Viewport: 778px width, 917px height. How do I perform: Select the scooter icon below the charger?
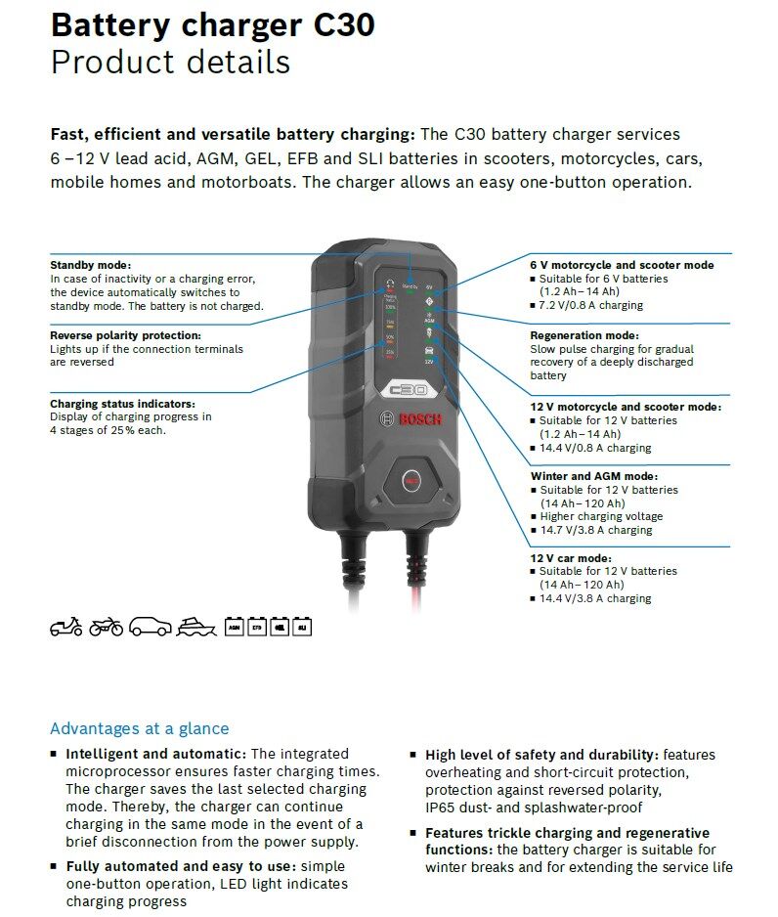coord(66,627)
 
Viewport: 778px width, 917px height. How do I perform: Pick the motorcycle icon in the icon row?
coord(106,627)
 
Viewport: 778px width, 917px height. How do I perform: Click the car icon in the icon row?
coord(150,627)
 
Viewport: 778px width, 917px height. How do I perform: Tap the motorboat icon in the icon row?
coord(196,627)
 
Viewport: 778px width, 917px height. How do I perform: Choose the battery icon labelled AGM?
coord(235,627)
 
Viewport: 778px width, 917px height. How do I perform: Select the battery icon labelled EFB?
coord(257,627)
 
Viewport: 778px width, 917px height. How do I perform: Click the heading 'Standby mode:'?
coord(90,265)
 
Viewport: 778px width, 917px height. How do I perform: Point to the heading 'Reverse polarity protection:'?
coord(125,335)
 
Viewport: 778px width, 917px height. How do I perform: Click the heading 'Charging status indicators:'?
coord(122,403)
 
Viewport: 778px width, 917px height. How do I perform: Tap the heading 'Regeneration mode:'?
coord(584,335)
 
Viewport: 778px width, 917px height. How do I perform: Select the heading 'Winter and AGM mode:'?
coord(594,477)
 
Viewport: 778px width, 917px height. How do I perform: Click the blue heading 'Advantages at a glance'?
coord(139,728)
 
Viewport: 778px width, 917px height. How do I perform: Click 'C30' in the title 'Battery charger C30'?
coord(342,24)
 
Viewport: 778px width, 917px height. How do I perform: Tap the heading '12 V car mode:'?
coord(570,557)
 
